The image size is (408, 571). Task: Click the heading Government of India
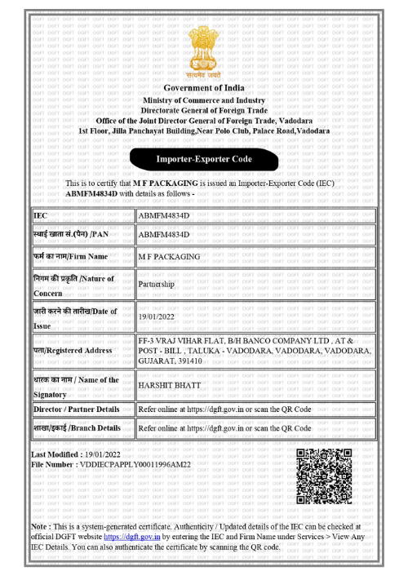[204, 88]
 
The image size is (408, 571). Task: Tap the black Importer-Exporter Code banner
[204, 158]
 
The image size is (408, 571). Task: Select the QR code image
[326, 475]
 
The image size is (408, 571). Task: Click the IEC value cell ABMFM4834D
[164, 215]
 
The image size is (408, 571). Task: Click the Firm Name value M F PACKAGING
[169, 256]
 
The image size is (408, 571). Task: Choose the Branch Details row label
[77, 427]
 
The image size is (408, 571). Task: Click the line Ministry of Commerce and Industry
[204, 100]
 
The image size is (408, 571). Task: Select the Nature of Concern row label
[72, 285]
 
